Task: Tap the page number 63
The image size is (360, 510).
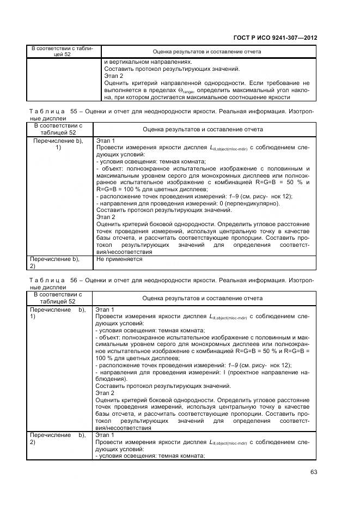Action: point(313,472)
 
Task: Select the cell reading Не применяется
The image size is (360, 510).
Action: point(119,259)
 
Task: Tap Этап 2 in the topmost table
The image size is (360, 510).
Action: point(113,76)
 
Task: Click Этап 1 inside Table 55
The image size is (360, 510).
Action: point(106,141)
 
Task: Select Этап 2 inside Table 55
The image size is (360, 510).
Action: point(106,217)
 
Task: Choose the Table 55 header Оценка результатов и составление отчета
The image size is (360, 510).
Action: point(203,130)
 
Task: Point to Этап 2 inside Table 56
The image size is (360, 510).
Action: point(106,393)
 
